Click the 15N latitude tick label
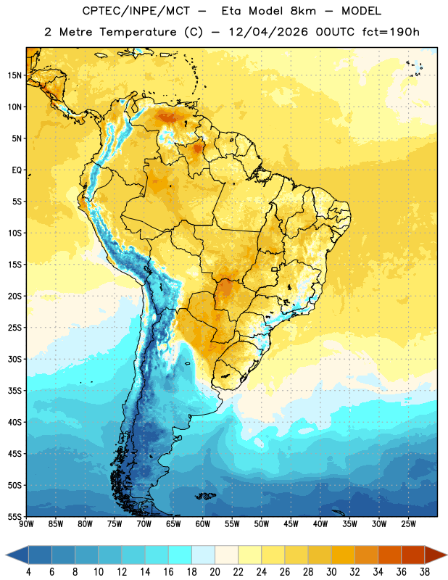click(x=14, y=75)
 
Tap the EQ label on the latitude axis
click(x=17, y=170)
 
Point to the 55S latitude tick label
click(x=14, y=517)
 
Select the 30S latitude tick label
click(x=14, y=359)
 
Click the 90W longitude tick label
click(x=26, y=524)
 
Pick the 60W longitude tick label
click(x=203, y=524)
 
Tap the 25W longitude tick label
click(x=408, y=524)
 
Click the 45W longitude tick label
click(x=291, y=524)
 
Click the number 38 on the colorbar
click(x=424, y=572)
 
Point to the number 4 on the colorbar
click(x=28, y=572)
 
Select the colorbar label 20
click(x=215, y=572)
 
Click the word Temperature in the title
click(x=138, y=32)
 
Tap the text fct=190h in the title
click(x=391, y=32)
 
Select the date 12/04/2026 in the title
click(x=268, y=32)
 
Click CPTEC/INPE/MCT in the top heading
click(x=136, y=11)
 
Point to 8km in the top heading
click(x=303, y=11)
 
